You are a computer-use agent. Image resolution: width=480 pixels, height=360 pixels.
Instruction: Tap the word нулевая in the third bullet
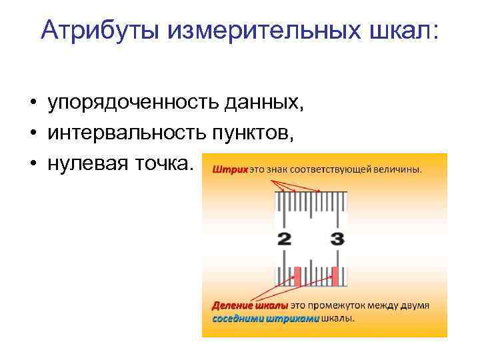[x=84, y=163]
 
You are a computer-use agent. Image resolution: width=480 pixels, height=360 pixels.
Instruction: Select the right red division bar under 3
[x=335, y=275]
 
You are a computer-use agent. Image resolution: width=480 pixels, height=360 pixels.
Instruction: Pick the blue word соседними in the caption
[x=237, y=318]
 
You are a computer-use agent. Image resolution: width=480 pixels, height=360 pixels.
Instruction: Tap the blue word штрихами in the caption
[x=292, y=318]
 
